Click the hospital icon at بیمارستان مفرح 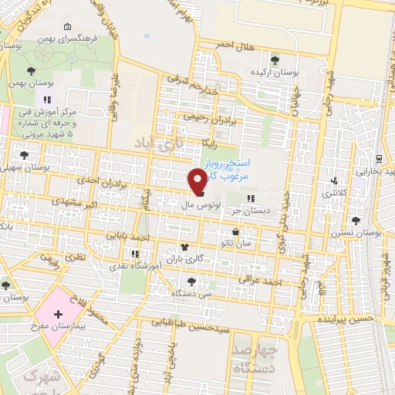pos(58,315)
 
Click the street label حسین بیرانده pos(343,318)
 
